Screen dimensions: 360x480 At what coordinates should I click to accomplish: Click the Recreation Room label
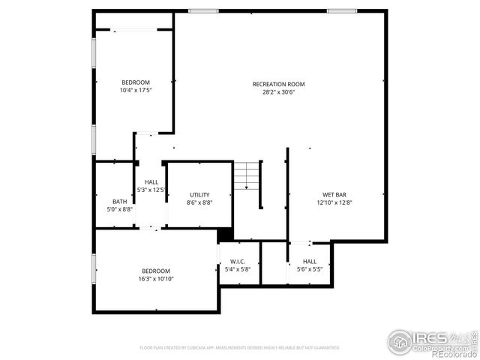[x=278, y=84]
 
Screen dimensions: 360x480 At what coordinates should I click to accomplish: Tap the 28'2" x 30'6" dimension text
[x=278, y=92]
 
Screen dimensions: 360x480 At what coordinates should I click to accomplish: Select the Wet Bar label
[x=334, y=194]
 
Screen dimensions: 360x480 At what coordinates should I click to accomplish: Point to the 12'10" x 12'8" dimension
[x=334, y=202]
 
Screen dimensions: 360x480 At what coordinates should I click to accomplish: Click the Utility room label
[x=199, y=194]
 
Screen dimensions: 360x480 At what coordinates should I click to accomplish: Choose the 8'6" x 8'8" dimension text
[x=199, y=202]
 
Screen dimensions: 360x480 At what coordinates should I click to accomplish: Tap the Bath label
[x=120, y=201]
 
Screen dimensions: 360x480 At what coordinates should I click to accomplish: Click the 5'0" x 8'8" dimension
[x=120, y=209]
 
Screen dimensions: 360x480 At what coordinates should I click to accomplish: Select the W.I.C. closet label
[x=239, y=261]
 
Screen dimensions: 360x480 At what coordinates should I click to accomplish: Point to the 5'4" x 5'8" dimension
[x=239, y=268]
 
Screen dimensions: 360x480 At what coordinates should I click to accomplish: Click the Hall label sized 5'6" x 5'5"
[x=310, y=261]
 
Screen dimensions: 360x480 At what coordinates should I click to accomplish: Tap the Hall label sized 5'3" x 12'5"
[x=151, y=182]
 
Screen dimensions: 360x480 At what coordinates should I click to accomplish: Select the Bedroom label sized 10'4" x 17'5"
[x=136, y=82]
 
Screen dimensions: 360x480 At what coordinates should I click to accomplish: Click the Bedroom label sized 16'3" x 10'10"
[x=156, y=271]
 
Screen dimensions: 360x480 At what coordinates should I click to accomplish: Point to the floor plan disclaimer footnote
[x=239, y=348]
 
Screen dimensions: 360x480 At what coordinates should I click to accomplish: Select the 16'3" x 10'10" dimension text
[x=156, y=279]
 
